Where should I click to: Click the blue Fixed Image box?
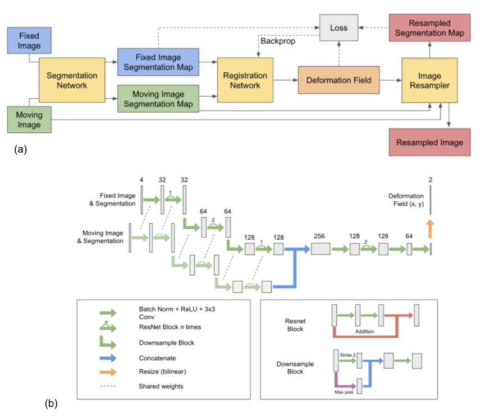click(29, 40)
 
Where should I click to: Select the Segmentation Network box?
click(72, 81)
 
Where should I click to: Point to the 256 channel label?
click(320, 237)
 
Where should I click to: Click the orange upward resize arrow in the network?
click(431, 229)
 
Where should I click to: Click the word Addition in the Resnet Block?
click(365, 332)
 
